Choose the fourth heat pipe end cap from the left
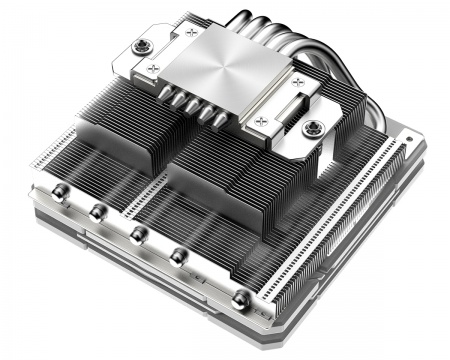coord(181,258)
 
